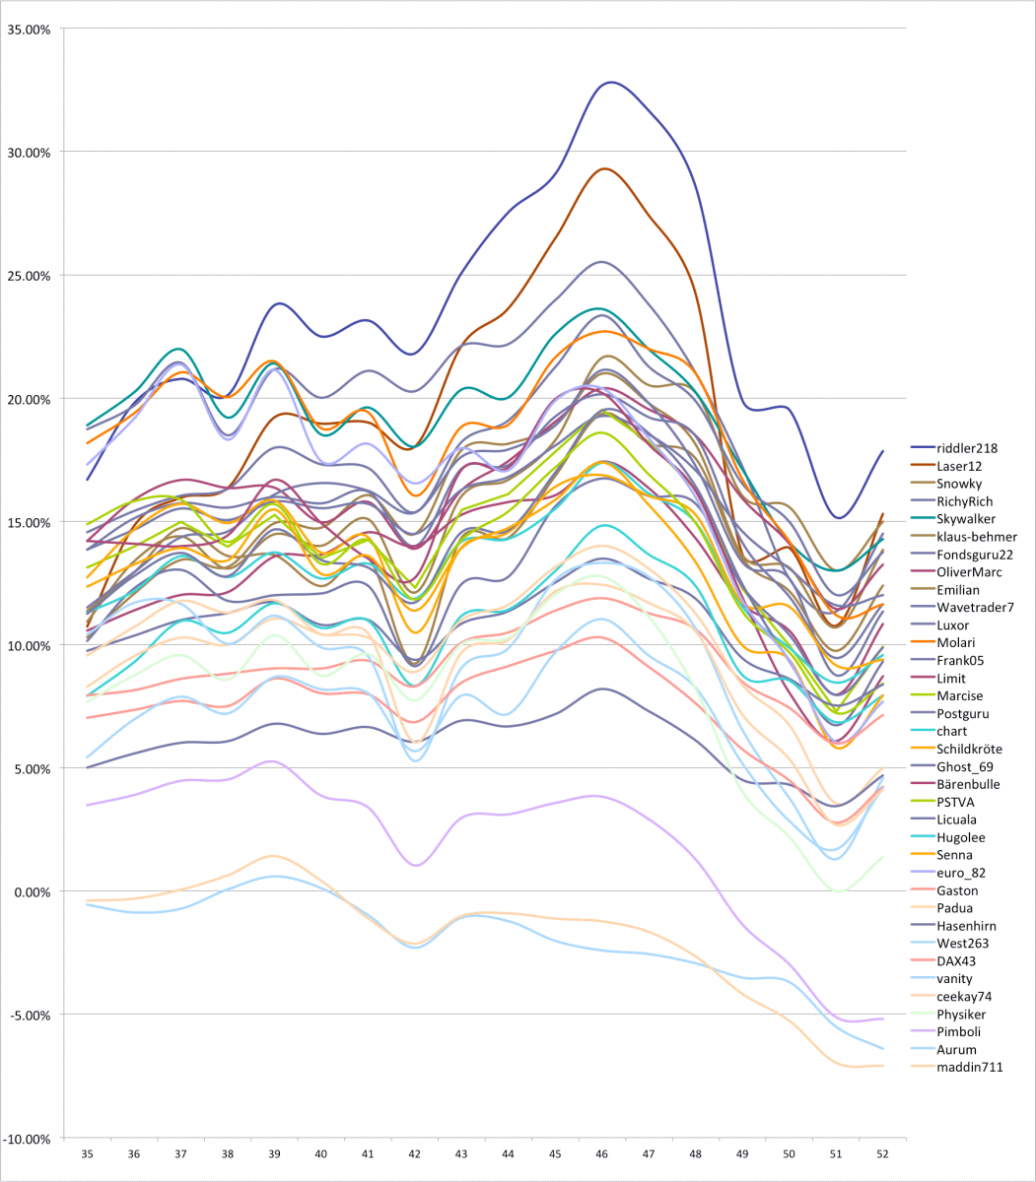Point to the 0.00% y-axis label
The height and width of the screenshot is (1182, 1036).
point(32,892)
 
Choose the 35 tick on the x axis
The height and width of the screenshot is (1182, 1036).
point(88,1153)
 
